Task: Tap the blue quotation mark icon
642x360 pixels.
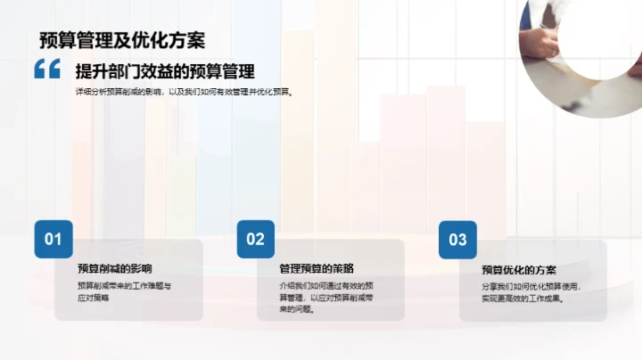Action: tap(47, 70)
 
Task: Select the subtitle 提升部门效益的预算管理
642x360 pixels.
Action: tap(165, 72)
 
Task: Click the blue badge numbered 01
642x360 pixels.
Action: tap(53, 239)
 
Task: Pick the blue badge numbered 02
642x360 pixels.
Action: tap(256, 239)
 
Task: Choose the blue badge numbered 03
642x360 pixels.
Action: tap(457, 239)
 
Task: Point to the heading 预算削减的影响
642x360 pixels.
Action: tap(115, 268)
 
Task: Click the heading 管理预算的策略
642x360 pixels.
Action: tap(317, 268)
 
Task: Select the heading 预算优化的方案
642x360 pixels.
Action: tap(519, 269)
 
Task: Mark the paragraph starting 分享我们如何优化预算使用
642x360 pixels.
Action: tap(531, 292)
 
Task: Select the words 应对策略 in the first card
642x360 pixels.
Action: tap(94, 298)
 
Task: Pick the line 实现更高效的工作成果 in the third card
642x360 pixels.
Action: tap(525, 299)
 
